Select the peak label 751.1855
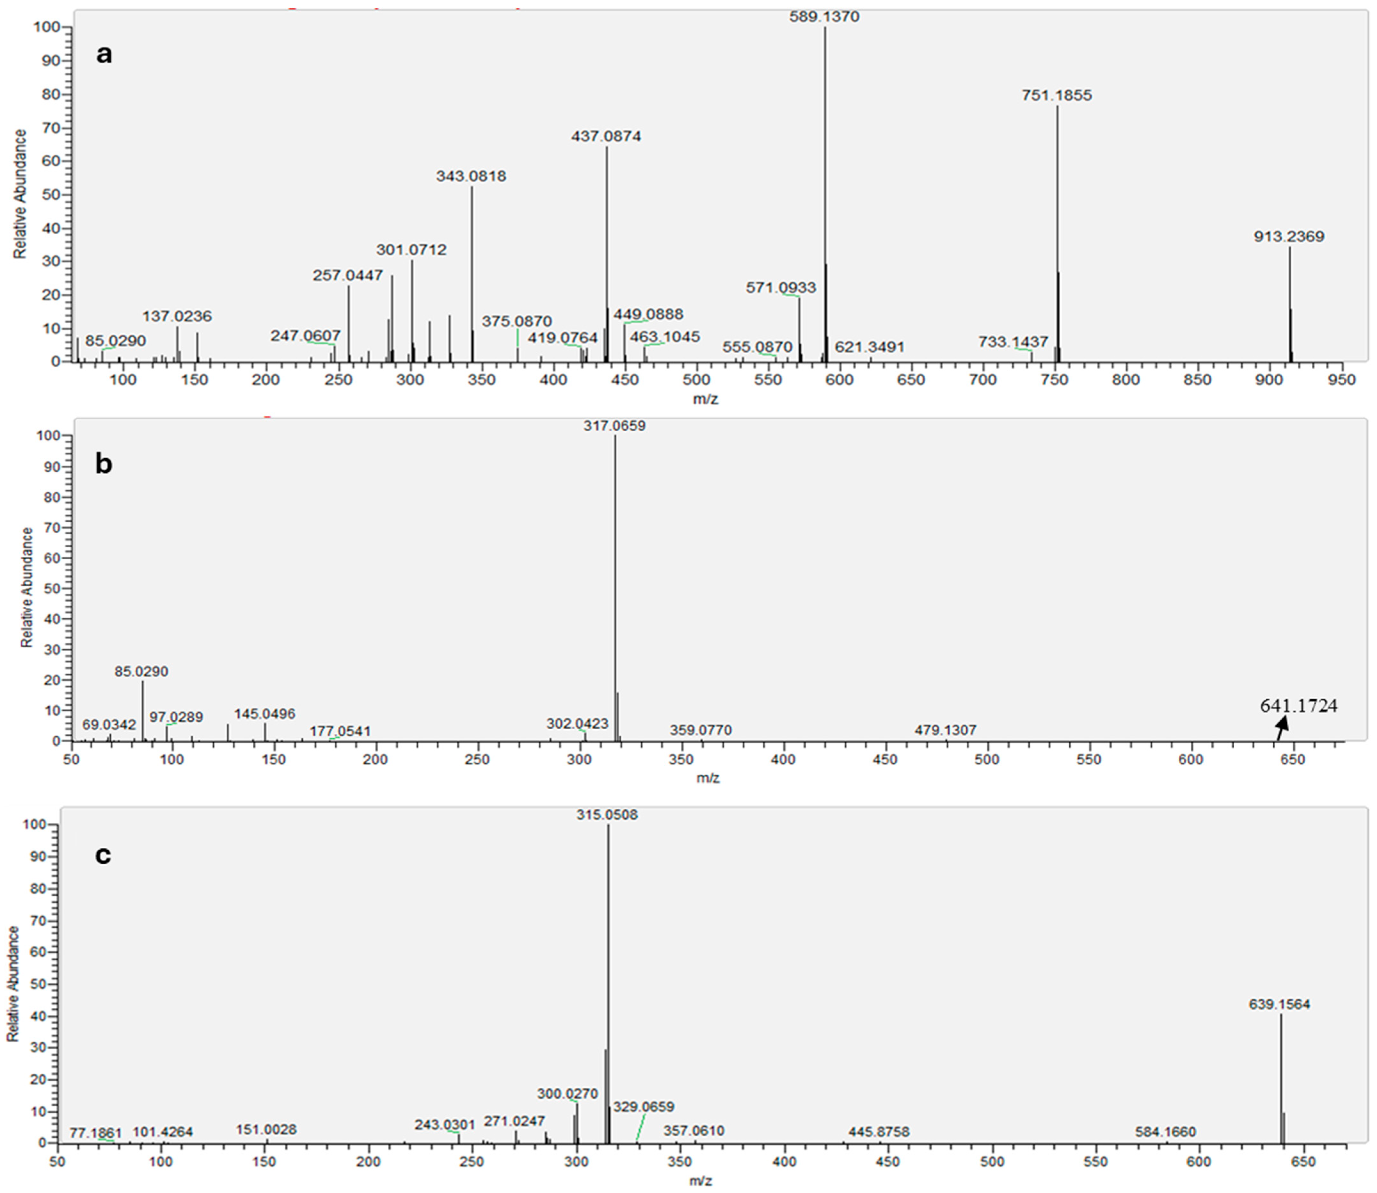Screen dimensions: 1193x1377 tap(1057, 96)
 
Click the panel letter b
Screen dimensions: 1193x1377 tap(104, 464)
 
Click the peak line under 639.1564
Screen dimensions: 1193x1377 tap(1280, 1078)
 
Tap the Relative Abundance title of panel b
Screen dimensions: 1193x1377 tap(27, 587)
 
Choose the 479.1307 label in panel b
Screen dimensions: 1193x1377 tap(945, 730)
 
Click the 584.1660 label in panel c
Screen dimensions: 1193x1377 tap(1165, 1132)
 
